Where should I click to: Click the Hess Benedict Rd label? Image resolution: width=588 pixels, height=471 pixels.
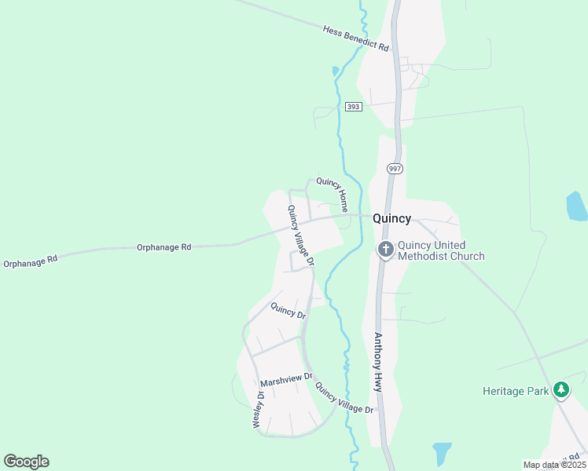point(356,38)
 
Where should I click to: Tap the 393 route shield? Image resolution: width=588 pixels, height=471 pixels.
point(353,106)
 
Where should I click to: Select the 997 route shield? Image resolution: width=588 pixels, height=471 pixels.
point(395,169)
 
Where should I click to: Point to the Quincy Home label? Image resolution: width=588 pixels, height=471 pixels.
point(333,191)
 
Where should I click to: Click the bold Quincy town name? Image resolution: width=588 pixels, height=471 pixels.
point(391,219)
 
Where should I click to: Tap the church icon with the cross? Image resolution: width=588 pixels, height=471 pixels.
point(386,250)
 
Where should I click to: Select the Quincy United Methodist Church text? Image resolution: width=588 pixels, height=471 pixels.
point(441,250)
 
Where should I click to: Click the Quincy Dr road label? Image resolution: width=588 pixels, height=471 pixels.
point(288,311)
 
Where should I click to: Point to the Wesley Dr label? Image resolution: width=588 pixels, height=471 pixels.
point(257,408)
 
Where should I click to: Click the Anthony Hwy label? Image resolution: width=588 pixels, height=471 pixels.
point(378,363)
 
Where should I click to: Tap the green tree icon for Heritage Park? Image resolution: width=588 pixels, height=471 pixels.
point(560,389)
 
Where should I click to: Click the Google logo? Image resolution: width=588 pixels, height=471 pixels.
point(26,462)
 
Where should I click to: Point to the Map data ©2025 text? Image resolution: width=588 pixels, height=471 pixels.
point(554,465)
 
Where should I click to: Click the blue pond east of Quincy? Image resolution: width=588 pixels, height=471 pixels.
point(576,206)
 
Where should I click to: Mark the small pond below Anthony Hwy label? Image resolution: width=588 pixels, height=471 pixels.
point(442,453)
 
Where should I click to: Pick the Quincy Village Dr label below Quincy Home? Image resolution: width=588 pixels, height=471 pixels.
point(300,235)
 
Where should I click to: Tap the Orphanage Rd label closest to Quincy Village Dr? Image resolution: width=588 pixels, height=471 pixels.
point(164,247)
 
